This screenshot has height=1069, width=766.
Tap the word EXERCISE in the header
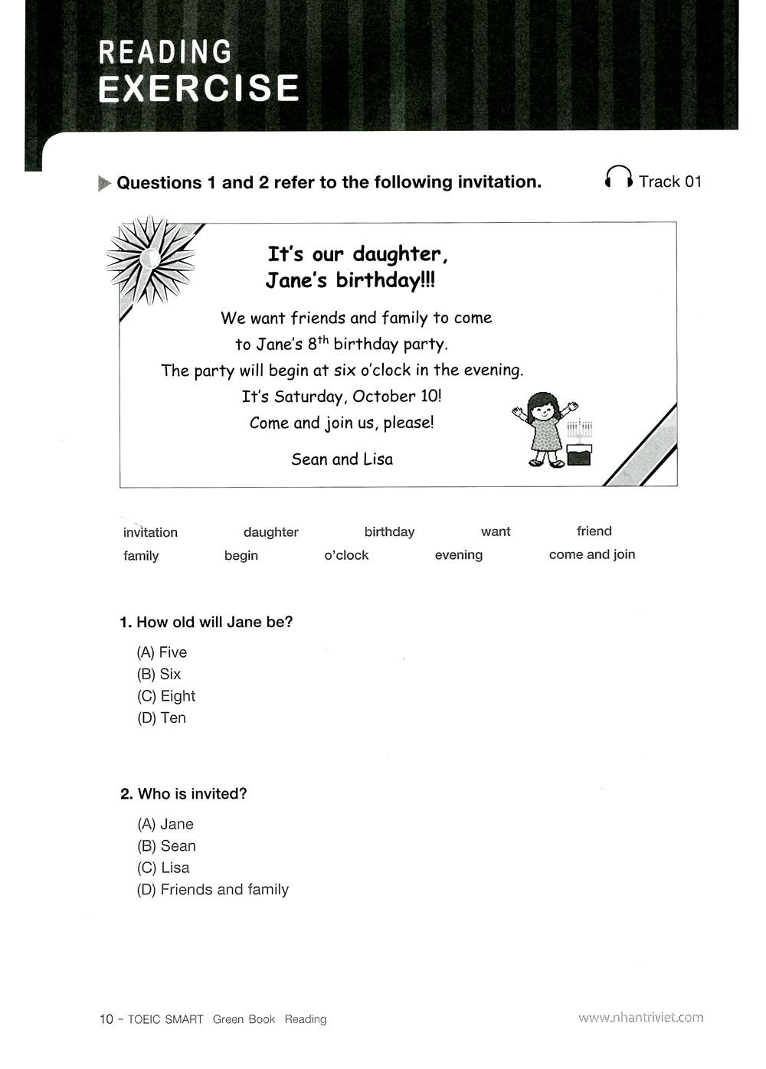(x=198, y=89)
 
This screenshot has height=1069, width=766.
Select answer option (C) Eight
(x=166, y=696)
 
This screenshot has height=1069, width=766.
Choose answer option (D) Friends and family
(x=213, y=890)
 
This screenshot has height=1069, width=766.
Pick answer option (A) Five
(x=162, y=652)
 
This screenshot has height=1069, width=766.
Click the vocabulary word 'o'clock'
(x=346, y=555)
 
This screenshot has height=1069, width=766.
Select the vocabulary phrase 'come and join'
(x=592, y=554)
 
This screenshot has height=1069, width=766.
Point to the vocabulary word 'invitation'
(x=150, y=532)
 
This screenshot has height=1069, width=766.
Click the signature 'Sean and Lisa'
(x=342, y=459)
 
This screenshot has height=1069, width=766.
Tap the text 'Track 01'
(x=670, y=181)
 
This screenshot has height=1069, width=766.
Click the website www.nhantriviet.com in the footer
(x=640, y=1018)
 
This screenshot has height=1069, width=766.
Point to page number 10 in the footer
(x=106, y=1019)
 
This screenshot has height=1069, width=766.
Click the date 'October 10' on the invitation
(x=396, y=397)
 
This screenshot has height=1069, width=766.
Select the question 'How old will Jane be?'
(x=206, y=623)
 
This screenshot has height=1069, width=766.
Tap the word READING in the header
(x=165, y=52)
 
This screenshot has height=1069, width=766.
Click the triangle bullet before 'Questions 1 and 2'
(x=105, y=184)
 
